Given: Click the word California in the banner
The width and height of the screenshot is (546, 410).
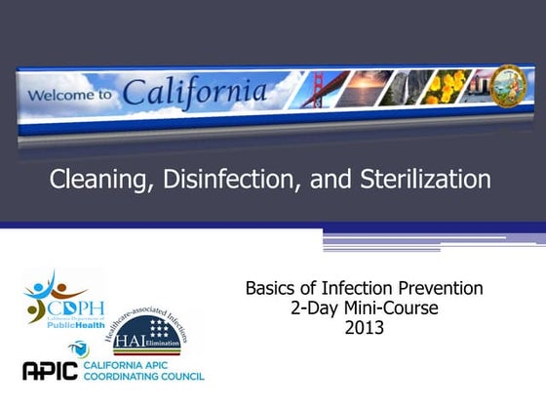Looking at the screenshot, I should pos(195,94).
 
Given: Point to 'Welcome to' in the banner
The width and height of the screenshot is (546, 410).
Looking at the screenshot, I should pos(69,97).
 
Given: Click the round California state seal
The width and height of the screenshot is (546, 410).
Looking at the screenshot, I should pos(504,81).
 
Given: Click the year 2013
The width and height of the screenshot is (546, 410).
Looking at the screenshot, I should pos(365,328).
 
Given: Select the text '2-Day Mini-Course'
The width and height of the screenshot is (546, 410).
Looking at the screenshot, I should pos(365,308).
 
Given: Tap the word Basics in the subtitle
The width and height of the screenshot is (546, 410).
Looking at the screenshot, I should pos(275,289).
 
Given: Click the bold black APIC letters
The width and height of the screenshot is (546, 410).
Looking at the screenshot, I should pos(54,370).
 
